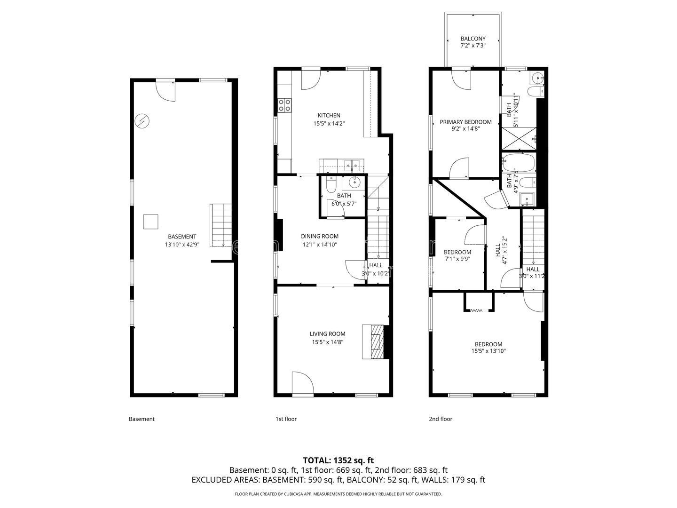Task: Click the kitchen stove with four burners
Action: point(284,105)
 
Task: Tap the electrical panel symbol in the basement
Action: point(142,121)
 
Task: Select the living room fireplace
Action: point(373,342)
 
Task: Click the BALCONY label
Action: point(473,39)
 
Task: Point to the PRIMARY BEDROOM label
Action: point(465,122)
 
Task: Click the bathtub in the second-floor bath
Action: point(518,163)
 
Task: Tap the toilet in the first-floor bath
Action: point(331,184)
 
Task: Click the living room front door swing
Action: point(303,383)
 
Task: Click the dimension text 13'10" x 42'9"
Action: point(182,245)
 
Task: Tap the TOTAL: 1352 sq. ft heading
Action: point(338,460)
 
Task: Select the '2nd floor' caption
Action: point(441,419)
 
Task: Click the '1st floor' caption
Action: point(286,419)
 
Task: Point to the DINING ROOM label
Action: point(320,236)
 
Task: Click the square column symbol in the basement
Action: point(150,222)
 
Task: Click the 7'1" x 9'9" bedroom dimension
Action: point(457,259)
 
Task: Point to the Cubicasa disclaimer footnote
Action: point(338,494)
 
